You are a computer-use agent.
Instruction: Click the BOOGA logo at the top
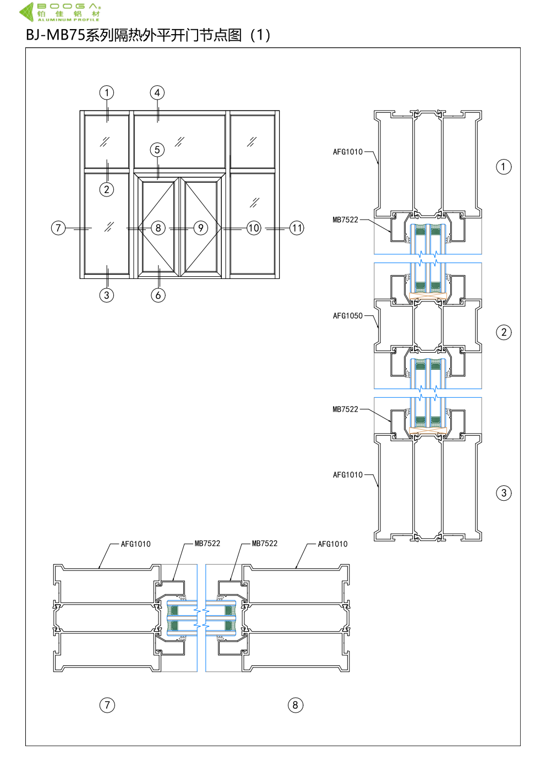(61, 12)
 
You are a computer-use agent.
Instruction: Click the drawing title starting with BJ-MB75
(148, 35)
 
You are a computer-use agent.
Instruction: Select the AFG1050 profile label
(347, 316)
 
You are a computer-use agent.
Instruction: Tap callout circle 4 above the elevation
(157, 92)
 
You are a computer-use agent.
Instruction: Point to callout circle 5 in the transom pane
(157, 150)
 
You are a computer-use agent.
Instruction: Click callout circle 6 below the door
(158, 295)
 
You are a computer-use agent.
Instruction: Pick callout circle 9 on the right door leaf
(201, 228)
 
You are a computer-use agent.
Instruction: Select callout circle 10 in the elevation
(254, 228)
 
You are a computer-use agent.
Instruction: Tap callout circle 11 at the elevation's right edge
(297, 228)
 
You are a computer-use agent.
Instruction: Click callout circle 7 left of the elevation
(58, 228)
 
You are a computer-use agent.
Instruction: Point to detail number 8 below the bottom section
(296, 705)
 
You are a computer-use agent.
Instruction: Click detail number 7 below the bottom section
(107, 705)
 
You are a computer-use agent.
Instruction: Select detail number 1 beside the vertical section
(504, 167)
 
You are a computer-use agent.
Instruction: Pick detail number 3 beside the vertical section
(504, 493)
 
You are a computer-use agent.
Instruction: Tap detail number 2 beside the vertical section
(504, 332)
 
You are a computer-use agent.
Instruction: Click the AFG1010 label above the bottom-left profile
(135, 544)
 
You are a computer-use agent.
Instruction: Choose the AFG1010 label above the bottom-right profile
(332, 544)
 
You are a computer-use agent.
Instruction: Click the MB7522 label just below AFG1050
(345, 409)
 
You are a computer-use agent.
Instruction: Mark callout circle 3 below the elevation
(107, 295)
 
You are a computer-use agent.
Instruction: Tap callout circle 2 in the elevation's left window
(107, 190)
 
